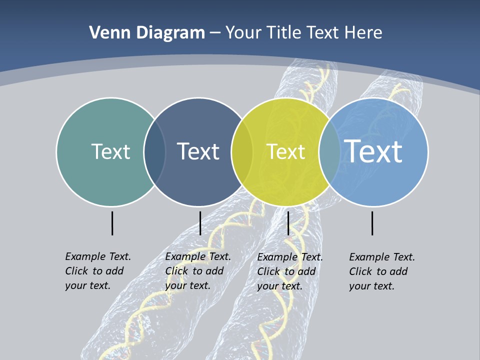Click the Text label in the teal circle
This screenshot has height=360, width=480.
click(110, 151)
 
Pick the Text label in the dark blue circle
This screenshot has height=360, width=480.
click(198, 151)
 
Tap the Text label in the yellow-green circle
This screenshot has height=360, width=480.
click(285, 151)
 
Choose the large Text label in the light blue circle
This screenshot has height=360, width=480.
click(373, 151)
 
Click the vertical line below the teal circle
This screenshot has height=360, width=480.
click(112, 223)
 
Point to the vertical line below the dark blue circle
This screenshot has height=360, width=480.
click(200, 223)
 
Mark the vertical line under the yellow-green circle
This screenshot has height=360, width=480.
click(288, 223)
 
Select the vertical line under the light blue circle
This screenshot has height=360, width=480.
click(372, 223)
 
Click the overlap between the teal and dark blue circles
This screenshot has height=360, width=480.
click(155, 152)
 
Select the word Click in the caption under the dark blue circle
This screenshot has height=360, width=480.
click(176, 271)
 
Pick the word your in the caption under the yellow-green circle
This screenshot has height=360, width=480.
click(267, 286)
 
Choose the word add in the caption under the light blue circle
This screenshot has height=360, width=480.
click(399, 271)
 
